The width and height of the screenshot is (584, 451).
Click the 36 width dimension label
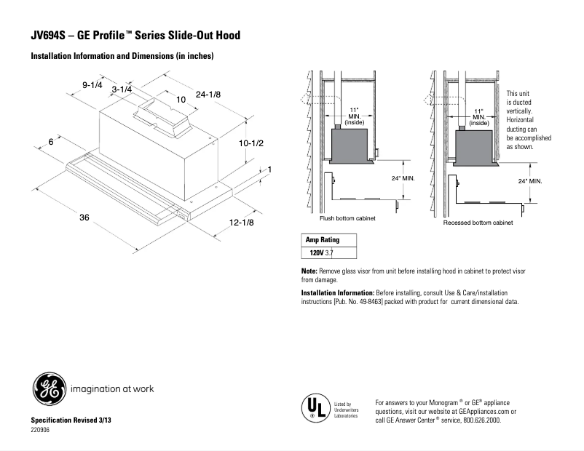click(84, 217)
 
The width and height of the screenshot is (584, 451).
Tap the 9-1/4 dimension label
click(92, 85)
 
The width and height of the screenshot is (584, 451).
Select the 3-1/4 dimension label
click(122, 89)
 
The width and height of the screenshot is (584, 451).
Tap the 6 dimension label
click(51, 142)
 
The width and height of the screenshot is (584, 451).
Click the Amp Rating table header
click(321, 240)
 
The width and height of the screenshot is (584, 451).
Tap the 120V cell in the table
click(315, 253)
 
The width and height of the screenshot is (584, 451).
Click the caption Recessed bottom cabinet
click(478, 222)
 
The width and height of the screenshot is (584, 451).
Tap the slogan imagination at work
click(111, 389)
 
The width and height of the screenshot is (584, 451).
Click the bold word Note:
click(309, 271)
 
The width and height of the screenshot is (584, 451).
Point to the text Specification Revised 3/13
click(71, 421)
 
